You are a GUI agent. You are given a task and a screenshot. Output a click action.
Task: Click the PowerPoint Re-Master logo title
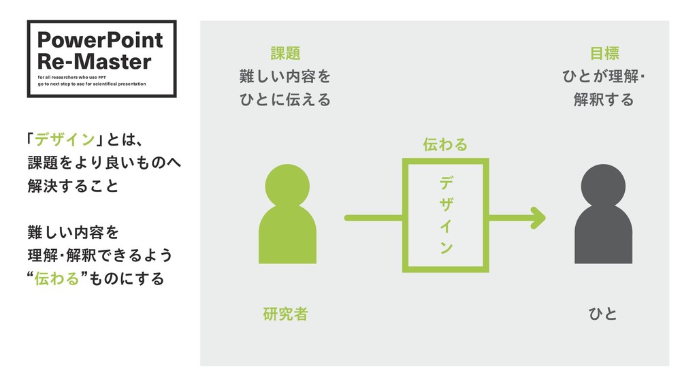pyautogui.click(x=100, y=50)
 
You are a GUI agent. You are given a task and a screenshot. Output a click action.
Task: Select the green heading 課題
pyautogui.click(x=285, y=53)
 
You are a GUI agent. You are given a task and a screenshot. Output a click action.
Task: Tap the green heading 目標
pyautogui.click(x=604, y=53)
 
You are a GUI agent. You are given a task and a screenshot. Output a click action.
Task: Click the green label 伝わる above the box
pyautogui.click(x=445, y=144)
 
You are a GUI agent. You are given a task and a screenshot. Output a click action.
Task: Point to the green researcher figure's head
pyautogui.click(x=287, y=185)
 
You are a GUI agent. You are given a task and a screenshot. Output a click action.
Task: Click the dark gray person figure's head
pyautogui.click(x=603, y=185)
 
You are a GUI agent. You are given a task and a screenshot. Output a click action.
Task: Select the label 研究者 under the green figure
pyautogui.click(x=285, y=314)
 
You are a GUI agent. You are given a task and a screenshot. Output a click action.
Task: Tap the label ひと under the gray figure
pyautogui.click(x=603, y=314)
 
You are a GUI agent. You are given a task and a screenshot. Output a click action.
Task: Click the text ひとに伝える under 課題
pyautogui.click(x=285, y=100)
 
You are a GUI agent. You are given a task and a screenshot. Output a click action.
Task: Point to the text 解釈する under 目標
pyautogui.click(x=604, y=100)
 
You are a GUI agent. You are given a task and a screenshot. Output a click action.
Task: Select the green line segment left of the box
pyautogui.click(x=374, y=218)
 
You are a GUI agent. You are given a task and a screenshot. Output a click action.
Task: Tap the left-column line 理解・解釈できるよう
pyautogui.click(x=99, y=256)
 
